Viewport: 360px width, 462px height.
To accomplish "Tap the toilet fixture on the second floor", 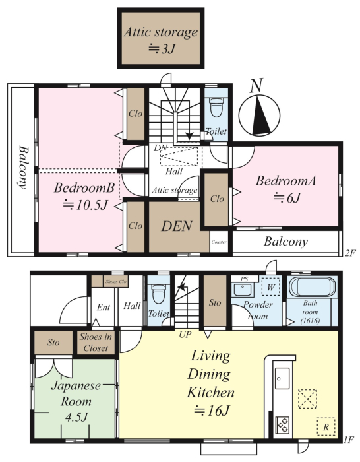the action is [216, 108].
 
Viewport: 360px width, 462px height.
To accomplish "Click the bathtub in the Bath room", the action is [313, 286].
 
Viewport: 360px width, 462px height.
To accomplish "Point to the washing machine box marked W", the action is [271, 286].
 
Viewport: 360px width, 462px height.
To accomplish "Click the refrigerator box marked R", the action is [326, 426].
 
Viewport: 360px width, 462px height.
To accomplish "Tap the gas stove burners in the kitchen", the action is [282, 425].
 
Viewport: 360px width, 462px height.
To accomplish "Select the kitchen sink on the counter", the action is [282, 378].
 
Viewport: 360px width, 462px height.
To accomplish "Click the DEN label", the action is [177, 226].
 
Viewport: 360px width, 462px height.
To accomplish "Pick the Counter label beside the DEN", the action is [219, 242].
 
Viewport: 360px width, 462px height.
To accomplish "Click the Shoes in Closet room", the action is [96, 343].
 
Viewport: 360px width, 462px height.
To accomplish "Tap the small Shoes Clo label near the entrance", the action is [115, 282].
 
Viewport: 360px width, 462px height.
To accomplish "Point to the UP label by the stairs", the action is [185, 335].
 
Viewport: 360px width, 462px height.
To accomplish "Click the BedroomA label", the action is [285, 181].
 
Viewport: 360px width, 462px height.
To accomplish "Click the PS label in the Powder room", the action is [244, 279].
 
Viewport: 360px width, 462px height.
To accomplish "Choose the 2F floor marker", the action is [350, 253].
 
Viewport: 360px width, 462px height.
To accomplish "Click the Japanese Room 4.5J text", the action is [76, 401].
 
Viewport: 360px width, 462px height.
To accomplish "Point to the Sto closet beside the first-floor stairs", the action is [215, 302].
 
